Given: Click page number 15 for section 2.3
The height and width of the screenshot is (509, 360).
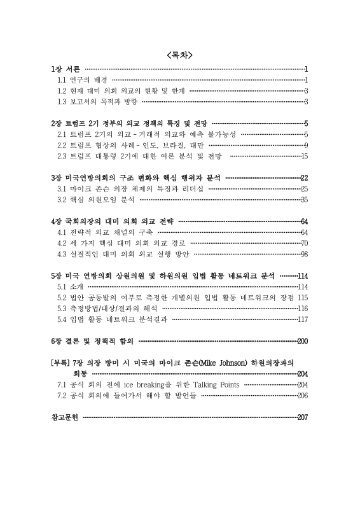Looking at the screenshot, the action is click(304, 156).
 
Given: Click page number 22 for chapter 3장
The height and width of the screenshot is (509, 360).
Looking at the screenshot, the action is click(304, 178).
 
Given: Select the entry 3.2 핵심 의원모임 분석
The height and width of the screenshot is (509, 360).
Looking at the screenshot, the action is click(96, 200).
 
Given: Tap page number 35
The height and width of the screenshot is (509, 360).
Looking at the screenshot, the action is click(304, 200).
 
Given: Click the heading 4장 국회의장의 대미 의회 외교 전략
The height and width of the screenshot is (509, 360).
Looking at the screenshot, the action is click(112, 221).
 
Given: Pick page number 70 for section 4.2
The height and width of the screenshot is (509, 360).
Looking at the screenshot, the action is click(304, 243).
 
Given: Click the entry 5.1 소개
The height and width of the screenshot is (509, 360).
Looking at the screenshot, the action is click(71, 287).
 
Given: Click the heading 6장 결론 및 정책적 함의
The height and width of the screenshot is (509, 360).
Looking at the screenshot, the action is click(92, 341).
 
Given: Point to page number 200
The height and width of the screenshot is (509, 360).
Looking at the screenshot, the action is click(302, 341).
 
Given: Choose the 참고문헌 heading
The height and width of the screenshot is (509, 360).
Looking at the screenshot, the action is click(64, 417).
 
